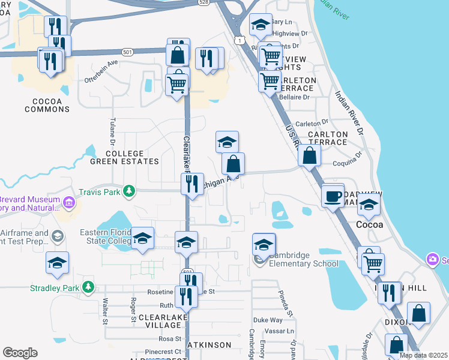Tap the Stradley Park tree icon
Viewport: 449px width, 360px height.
(x=89, y=287)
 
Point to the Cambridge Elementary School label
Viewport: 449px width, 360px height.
(x=303, y=259)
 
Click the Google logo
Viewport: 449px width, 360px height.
(x=20, y=353)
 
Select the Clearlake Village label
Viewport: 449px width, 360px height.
(x=159, y=320)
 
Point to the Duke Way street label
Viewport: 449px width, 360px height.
(x=267, y=320)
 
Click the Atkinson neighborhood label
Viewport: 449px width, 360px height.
(x=209, y=345)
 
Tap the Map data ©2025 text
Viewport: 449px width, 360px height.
(x=423, y=355)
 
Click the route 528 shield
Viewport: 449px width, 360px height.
(x=204, y=3)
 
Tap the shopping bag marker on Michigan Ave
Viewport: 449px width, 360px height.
(x=233, y=163)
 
